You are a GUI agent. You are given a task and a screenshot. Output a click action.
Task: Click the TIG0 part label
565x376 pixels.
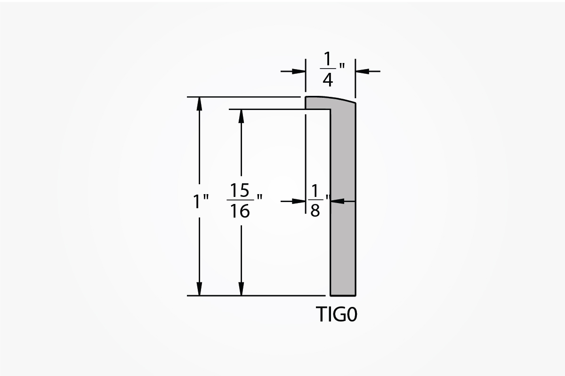point(337,314)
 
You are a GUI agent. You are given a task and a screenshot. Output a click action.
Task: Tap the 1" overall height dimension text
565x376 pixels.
point(201,202)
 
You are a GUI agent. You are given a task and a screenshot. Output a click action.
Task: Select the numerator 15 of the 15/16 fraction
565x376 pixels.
point(240,190)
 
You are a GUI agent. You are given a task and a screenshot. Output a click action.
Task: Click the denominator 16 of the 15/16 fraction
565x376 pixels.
point(240,211)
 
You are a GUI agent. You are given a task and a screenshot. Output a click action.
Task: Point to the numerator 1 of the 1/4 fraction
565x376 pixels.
point(328,59)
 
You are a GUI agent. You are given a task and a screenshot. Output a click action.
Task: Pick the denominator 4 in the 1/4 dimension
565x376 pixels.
point(328,79)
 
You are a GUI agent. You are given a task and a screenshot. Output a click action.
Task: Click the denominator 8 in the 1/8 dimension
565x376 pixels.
point(315,210)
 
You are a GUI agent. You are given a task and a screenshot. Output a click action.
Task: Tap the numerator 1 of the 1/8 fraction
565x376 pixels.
point(315,191)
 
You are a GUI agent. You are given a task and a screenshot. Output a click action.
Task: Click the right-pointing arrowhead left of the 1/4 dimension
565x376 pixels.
point(299,71)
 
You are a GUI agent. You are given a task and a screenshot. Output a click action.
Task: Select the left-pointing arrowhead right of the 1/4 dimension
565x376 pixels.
point(362,71)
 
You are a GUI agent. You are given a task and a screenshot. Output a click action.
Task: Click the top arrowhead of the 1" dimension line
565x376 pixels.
point(199,104)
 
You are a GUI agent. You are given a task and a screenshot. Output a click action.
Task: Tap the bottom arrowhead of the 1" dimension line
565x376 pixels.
point(199,289)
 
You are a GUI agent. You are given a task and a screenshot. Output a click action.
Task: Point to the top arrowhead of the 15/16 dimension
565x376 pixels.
point(241,116)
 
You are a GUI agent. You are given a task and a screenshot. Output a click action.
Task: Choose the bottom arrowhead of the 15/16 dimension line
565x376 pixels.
point(241,289)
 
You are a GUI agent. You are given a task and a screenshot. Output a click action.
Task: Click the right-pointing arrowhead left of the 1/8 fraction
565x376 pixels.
point(299,201)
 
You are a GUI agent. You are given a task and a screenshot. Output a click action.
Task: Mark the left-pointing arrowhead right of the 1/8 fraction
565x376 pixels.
point(338,201)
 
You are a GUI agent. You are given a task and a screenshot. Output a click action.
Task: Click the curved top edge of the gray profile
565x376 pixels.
point(331,98)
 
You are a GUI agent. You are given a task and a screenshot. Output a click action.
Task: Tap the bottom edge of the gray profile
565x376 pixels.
point(343,296)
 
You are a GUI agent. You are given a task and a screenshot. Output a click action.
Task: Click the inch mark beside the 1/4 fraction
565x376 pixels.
point(342,66)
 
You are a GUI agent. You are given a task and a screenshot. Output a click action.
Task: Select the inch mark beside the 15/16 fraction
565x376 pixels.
point(259,197)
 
